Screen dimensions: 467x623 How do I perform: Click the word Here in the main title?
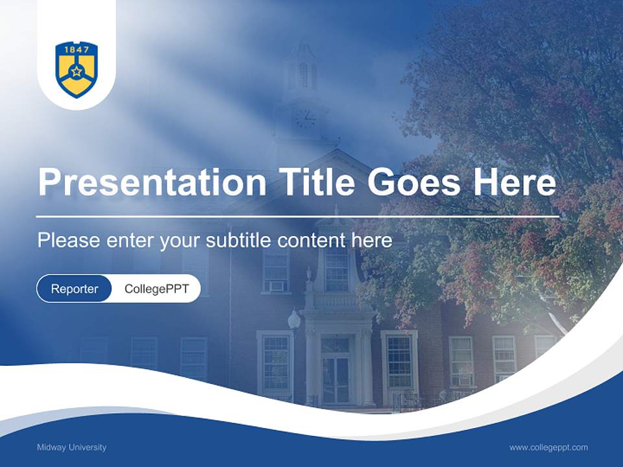[x=514, y=182]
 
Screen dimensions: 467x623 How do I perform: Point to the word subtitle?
[x=239, y=241]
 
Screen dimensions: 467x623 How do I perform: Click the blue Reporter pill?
[x=75, y=289]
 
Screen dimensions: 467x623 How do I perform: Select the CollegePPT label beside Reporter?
[x=156, y=289]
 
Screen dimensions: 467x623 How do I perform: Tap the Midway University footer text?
[x=71, y=448]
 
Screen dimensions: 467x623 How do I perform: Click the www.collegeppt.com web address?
[x=548, y=448]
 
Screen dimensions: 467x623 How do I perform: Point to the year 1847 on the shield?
[x=77, y=49]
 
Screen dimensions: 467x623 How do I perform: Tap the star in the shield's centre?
[x=77, y=71]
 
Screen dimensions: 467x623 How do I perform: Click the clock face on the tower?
[x=305, y=118]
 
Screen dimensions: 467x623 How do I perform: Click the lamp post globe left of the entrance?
[x=294, y=319]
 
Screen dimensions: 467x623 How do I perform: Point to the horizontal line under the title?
[x=297, y=216]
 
